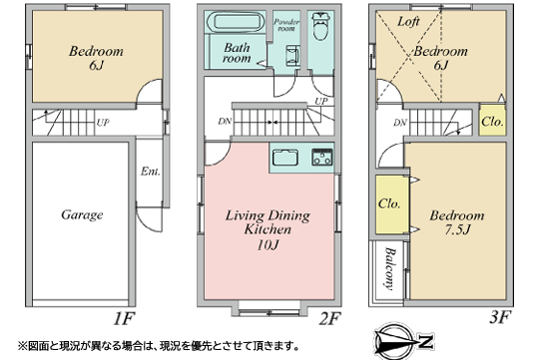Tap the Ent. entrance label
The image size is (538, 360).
[x=149, y=173]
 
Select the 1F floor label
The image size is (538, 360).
[x=124, y=318]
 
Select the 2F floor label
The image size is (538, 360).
[x=329, y=318]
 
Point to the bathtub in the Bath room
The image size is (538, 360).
[x=234, y=22]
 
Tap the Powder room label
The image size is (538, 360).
[x=287, y=24]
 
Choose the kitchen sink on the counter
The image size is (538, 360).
[x=285, y=157]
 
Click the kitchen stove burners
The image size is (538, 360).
[x=323, y=157]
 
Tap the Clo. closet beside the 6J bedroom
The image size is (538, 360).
[x=491, y=121]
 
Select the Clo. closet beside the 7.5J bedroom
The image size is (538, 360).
[x=389, y=203]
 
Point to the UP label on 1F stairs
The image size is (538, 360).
[x=103, y=124]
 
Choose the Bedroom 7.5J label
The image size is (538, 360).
[x=456, y=223]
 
